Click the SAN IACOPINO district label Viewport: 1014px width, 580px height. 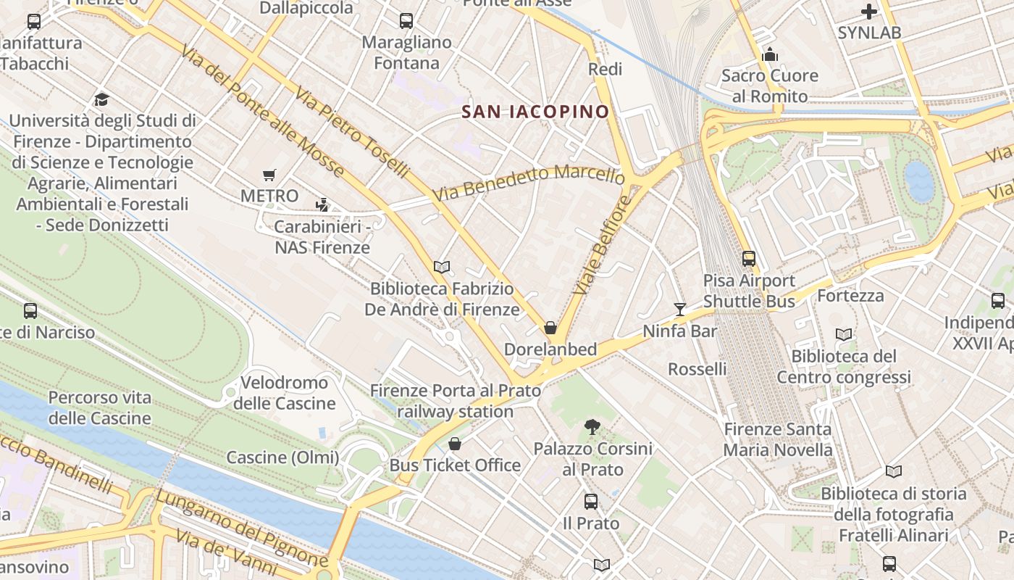coord(535,112)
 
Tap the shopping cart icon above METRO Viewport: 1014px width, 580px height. coord(269,175)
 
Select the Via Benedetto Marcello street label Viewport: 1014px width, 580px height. coord(529,184)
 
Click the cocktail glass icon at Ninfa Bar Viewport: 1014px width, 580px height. coord(679,310)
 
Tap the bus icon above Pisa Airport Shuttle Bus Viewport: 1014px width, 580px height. coord(749,259)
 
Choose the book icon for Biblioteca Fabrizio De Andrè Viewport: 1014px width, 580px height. coord(442,267)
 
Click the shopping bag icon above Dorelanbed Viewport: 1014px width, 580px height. coord(550,328)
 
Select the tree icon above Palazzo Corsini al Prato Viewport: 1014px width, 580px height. coord(592,427)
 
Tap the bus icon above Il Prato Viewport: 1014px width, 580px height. coord(591,502)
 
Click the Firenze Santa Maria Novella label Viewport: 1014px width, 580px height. coord(778,439)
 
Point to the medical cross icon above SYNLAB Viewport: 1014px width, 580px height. coord(869,12)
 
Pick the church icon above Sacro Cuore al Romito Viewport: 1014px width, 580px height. coord(769,54)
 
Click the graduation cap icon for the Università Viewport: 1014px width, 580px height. coord(101,99)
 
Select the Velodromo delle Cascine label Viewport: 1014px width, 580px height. coord(284,393)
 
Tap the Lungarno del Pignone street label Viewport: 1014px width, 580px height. coord(241,529)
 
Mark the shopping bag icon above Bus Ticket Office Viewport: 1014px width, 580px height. coord(455,444)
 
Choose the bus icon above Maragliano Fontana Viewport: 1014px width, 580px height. coord(406,21)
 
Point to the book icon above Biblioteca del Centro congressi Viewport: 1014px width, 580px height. coord(844,334)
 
